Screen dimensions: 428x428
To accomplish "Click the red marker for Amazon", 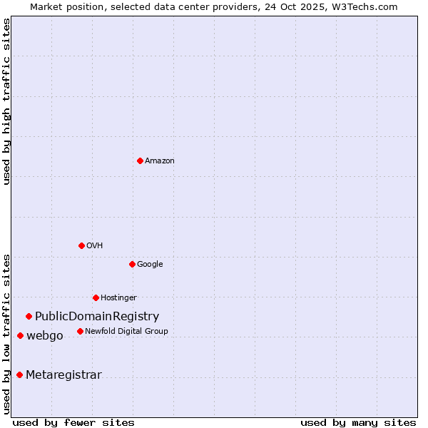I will tap(140, 160).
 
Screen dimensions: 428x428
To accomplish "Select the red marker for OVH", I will tap(81, 245).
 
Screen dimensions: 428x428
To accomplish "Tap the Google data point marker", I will tap(132, 264).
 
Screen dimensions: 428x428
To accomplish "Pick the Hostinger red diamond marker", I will tap(96, 297).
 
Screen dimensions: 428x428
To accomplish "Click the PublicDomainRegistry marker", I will tap(29, 316).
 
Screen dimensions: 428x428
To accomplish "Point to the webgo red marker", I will tap(20, 335).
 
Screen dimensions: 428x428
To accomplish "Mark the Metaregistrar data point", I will tap(19, 374).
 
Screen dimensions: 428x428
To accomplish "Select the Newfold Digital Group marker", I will tap(80, 331).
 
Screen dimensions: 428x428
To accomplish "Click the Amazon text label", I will tap(160, 160).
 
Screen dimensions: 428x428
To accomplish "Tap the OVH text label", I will tap(95, 245).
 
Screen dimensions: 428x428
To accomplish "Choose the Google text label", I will tap(150, 264).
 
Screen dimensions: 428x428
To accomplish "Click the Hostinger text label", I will tap(118, 297).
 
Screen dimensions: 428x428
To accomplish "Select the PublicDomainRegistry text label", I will tap(97, 316).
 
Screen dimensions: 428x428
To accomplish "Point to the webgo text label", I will tap(45, 335).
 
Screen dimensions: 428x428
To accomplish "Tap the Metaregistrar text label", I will tap(63, 374).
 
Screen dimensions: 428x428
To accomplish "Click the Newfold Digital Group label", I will tap(126, 331).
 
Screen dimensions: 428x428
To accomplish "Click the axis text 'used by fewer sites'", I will tap(73, 422).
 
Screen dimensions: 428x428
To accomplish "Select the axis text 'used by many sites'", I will tap(358, 422).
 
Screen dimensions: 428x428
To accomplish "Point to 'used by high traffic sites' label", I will tap(6, 101).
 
